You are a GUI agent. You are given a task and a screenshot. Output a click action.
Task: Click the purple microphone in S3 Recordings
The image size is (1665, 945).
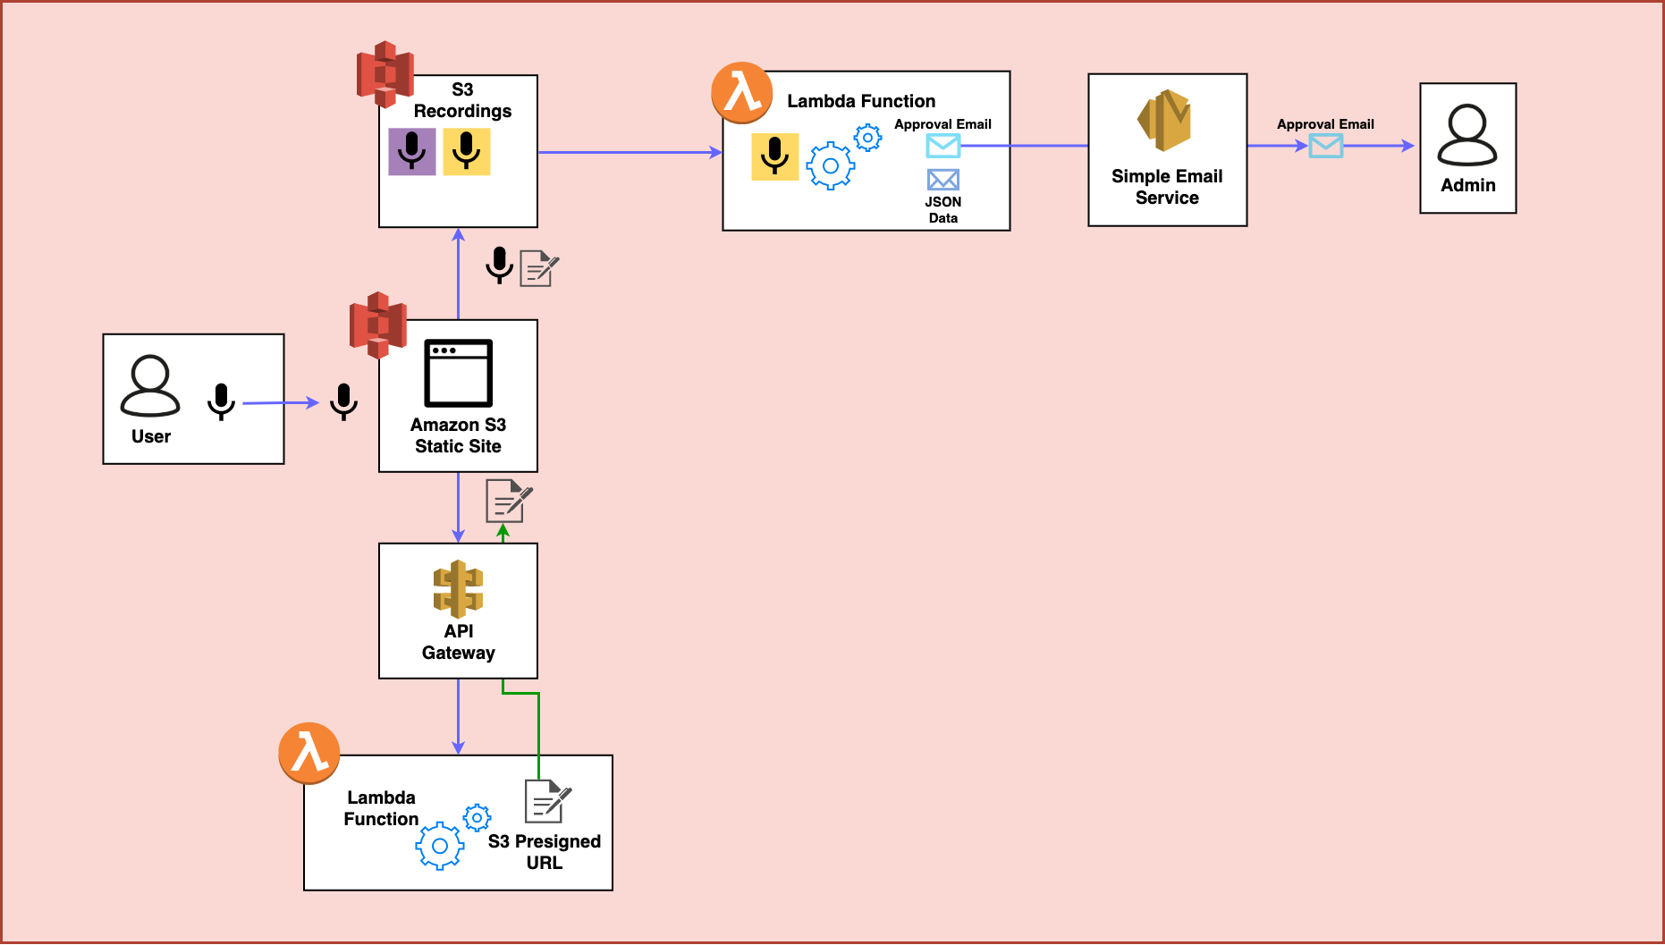pos(412,151)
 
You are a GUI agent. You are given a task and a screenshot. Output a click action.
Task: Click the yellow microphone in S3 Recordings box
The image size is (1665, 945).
pos(467,151)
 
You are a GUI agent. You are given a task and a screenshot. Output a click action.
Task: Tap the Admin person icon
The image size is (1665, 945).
pos(1467,135)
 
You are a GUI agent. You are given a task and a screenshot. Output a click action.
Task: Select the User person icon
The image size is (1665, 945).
pos(150,386)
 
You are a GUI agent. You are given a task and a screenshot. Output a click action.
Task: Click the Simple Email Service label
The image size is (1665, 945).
pos(1167,187)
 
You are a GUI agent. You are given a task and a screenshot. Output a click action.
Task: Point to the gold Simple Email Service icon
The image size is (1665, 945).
pos(1164,120)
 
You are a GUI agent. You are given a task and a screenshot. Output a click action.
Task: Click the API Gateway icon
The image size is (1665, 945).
pos(458,589)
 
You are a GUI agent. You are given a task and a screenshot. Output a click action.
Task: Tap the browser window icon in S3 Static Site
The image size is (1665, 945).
pos(458,373)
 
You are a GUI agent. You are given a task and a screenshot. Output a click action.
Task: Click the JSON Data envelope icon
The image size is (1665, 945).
pos(943,180)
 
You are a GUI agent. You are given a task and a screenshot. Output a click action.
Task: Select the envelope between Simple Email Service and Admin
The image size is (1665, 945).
pos(1326,146)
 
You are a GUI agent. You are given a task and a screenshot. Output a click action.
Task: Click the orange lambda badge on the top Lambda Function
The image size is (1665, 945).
pos(742,93)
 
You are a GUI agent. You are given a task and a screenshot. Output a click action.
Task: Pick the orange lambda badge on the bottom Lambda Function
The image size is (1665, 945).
pos(309,753)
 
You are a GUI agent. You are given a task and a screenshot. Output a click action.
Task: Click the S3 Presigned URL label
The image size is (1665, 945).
pos(545,852)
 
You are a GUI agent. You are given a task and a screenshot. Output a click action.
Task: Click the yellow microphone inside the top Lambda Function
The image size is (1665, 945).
pos(774,156)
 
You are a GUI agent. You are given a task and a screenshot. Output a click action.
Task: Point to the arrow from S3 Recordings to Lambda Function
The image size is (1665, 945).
pos(630,152)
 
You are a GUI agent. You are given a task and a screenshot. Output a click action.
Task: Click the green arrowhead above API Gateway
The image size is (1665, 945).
pos(503,531)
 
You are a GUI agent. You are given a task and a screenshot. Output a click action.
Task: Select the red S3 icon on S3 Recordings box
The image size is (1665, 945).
pos(385,74)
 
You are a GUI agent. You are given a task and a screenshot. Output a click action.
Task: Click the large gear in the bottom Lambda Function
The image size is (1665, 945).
pos(440,846)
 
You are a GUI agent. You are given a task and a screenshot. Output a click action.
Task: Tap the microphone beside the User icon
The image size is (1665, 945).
pos(221,401)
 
